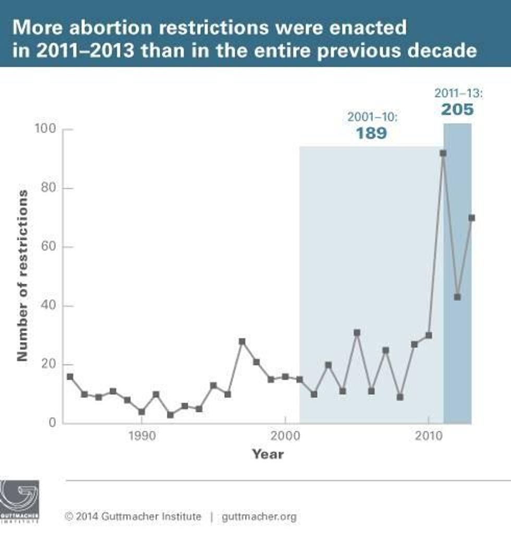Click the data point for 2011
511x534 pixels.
click(x=443, y=153)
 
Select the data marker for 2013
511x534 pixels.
click(x=471, y=218)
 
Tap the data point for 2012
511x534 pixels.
click(x=457, y=297)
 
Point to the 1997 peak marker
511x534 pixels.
click(x=242, y=342)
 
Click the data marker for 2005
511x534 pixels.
click(x=357, y=333)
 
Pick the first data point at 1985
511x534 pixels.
click(x=70, y=377)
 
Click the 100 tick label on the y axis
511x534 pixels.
click(x=45, y=129)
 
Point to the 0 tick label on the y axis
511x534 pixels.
click(x=52, y=423)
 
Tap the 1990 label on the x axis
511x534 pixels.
click(x=141, y=436)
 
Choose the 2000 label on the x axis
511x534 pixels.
click(x=285, y=436)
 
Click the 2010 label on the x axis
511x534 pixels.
click(x=428, y=436)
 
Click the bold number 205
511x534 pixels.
click(x=457, y=110)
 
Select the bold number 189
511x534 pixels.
click(x=372, y=133)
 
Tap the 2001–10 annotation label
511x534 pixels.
click(x=372, y=117)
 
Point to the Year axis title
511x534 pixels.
click(x=268, y=454)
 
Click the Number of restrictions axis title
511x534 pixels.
click(x=22, y=275)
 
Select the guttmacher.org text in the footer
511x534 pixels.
click(x=259, y=517)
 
